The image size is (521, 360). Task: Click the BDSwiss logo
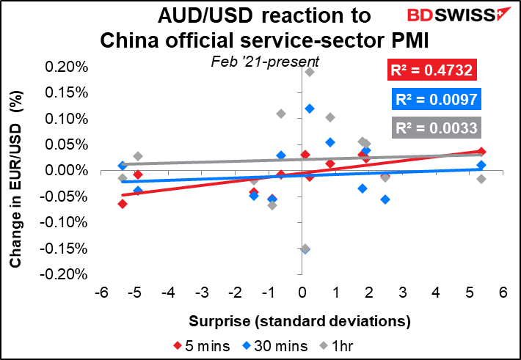[459, 14]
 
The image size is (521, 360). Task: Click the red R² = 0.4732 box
[431, 70]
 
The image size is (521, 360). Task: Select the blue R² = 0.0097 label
[437, 99]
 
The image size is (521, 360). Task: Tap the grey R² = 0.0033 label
[437, 128]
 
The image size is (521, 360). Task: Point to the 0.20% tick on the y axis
[67, 67]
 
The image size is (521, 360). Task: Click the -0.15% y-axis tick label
[64, 249]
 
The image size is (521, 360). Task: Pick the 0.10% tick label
[67, 119]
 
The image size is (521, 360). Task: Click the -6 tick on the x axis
[101, 293]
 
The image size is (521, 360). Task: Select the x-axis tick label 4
[436, 293]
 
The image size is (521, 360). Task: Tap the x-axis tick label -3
[202, 293]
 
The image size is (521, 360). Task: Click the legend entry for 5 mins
[201, 346]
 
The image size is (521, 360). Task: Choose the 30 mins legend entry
[274, 346]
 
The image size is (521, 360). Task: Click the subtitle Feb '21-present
[265, 62]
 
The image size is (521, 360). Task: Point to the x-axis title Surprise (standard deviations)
[299, 321]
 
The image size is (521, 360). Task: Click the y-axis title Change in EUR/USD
[15, 179]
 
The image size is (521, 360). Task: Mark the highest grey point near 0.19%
[310, 72]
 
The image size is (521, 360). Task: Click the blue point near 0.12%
[310, 109]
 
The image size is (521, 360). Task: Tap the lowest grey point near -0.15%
[305, 249]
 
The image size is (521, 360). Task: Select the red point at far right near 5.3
[481, 152]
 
